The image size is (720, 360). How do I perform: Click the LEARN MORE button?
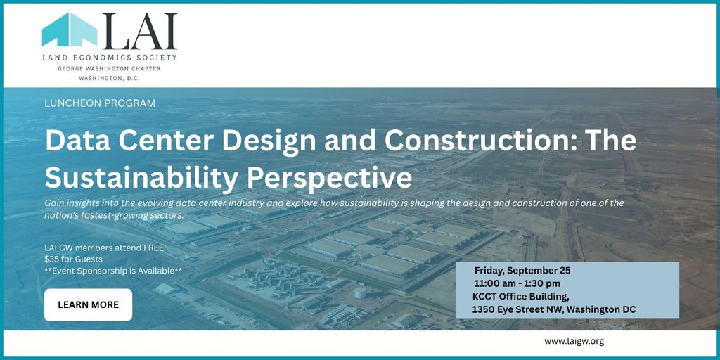[x=88, y=304]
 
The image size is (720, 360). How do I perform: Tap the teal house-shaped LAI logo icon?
[x=70, y=30]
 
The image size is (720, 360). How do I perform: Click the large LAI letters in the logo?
[x=140, y=31]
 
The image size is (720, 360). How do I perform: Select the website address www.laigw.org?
[x=574, y=341]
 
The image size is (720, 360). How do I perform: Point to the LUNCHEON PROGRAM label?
[x=100, y=103]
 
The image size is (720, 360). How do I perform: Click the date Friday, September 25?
[x=522, y=271]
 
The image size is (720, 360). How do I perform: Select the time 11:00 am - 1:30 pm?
[x=517, y=283]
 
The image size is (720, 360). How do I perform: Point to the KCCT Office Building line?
[x=521, y=297]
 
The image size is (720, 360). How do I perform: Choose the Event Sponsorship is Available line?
[x=113, y=271]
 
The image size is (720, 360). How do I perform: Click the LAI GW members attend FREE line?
[x=105, y=249]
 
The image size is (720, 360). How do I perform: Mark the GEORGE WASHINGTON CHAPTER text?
[x=109, y=68]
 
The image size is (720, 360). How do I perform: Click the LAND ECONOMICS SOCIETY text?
[x=109, y=58]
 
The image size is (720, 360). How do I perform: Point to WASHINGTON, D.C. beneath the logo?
[x=109, y=78]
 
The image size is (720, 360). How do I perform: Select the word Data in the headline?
[x=73, y=141]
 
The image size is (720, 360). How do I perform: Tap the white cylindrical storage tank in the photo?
[x=360, y=292]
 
